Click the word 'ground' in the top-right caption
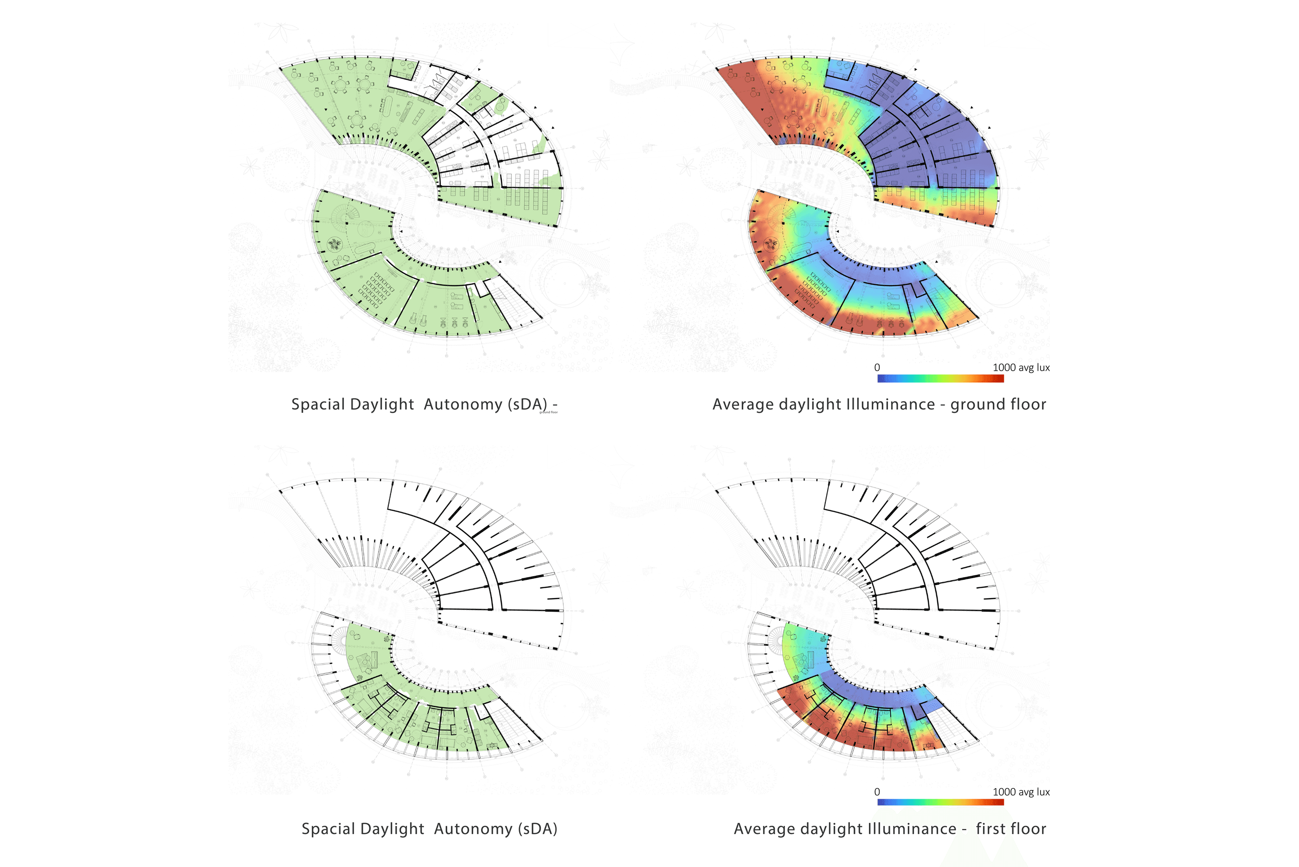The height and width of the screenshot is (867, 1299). [x=977, y=405]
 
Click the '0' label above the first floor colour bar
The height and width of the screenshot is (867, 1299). [x=877, y=792]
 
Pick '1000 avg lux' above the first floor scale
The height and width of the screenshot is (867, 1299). [x=1021, y=792]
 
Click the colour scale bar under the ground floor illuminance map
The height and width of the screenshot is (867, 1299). [x=940, y=379]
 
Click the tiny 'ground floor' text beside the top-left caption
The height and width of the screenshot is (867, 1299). [x=548, y=412]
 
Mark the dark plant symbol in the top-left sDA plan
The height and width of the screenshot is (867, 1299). [x=334, y=243]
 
